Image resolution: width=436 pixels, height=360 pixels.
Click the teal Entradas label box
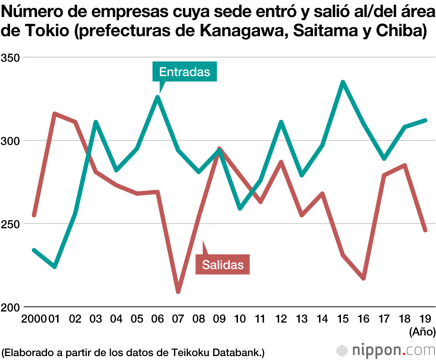[184, 72]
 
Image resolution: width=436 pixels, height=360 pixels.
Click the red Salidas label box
[222, 264]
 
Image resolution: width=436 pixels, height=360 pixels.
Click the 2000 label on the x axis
[34, 319]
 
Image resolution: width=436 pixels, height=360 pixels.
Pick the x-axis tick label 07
[178, 319]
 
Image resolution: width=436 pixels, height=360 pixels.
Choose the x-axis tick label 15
[343, 319]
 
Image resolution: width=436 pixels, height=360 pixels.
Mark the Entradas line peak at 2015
[343, 82]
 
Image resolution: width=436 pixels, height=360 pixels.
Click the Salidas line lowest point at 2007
[178, 292]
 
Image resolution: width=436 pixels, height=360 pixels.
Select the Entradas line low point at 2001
[54, 266]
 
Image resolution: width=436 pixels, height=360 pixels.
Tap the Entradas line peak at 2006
[157, 97]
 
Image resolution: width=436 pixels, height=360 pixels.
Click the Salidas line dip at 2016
[364, 278]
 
